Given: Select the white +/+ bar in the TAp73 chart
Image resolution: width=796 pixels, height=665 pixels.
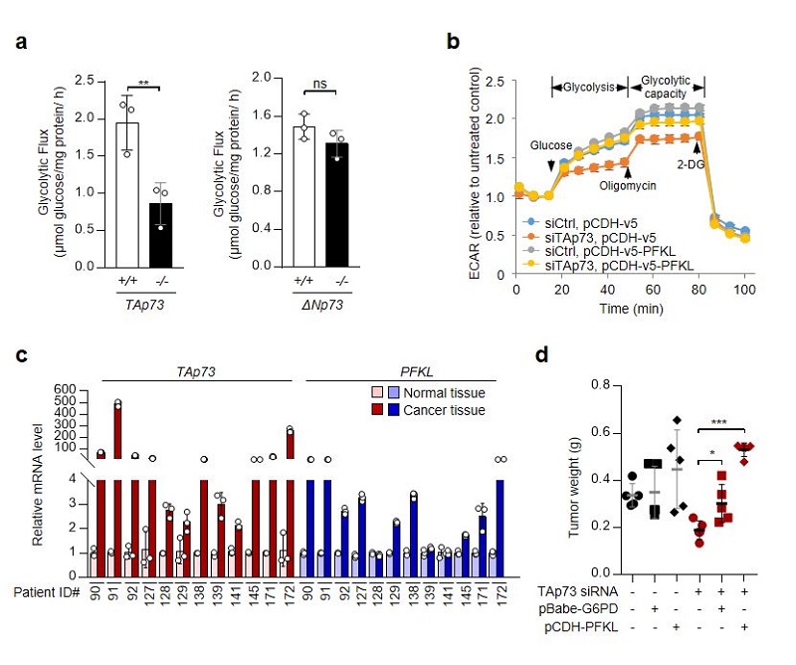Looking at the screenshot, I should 127,194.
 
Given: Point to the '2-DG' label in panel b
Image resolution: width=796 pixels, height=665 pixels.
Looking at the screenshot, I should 692,163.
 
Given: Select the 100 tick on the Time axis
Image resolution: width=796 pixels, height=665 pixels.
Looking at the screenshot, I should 744,290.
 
